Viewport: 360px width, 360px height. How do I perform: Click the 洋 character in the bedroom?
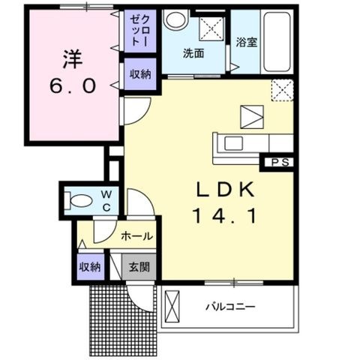73,59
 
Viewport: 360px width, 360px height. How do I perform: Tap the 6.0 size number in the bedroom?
73,85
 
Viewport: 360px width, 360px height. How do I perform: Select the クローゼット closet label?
140,31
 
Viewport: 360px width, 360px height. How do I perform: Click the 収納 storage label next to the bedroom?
140,74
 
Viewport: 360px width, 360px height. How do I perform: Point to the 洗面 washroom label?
193,53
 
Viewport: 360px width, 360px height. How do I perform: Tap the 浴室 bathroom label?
247,42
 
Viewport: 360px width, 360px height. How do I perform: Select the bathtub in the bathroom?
277,41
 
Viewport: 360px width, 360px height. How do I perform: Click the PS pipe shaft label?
280,163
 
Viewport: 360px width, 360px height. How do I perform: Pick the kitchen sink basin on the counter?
234,143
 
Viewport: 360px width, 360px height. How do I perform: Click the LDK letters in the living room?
225,190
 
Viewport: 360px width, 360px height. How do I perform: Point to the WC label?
106,201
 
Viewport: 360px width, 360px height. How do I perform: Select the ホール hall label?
136,235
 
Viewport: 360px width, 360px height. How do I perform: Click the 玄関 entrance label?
139,267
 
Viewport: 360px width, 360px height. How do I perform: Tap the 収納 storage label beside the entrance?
90,267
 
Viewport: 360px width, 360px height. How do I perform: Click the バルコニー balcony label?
230,307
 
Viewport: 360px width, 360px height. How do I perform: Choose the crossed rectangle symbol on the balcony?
172,307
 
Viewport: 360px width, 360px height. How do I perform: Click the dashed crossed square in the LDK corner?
282,90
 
